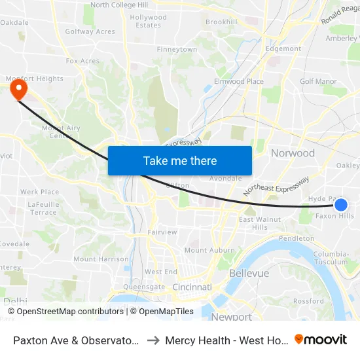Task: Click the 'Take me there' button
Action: pos(180,160)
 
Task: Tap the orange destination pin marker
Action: pos(18,88)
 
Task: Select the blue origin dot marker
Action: pos(340,205)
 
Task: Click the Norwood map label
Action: pos(293,153)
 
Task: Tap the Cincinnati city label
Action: pos(192,287)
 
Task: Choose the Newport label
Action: pos(231,317)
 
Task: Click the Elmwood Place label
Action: pos(238,82)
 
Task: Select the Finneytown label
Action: pos(177,50)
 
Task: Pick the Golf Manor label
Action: pos(318,82)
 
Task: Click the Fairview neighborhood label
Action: pos(162,232)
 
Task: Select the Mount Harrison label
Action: pos(101,259)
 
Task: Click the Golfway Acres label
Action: pos(90,31)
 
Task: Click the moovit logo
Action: pos(320,340)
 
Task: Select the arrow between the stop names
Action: pos(152,340)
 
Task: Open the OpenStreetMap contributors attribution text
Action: pos(71,312)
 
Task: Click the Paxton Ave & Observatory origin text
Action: pos(75,340)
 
